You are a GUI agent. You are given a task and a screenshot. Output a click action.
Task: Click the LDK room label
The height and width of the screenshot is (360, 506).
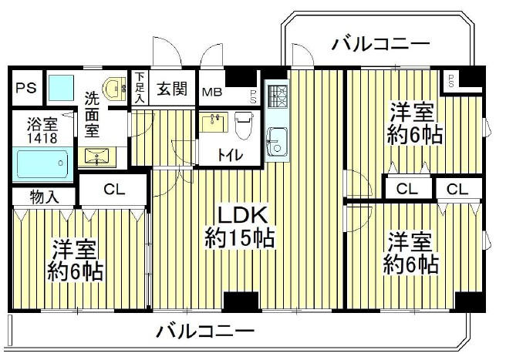[x=243, y=215]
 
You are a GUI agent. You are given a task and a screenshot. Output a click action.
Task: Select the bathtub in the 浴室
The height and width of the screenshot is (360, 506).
[x=42, y=164]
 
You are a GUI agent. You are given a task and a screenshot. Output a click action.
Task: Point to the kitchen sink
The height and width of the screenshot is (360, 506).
[x=277, y=141]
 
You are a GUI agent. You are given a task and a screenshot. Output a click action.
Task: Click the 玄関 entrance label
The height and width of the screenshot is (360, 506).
[x=172, y=88]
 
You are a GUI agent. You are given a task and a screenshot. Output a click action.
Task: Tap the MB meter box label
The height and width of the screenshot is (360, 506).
[x=212, y=93]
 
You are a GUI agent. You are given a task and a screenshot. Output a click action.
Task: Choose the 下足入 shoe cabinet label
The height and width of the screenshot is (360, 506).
[x=140, y=87]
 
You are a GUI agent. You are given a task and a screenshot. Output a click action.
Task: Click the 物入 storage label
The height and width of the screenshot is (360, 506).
[x=44, y=197]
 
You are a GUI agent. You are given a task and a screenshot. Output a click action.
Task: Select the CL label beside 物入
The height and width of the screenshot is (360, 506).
[x=114, y=190]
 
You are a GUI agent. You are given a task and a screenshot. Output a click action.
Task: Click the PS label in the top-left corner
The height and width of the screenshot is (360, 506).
[x=26, y=87]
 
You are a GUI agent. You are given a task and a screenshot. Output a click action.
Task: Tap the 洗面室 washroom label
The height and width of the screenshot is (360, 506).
[x=92, y=115]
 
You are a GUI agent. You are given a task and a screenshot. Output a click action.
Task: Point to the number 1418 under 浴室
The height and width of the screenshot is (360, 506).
[x=42, y=139]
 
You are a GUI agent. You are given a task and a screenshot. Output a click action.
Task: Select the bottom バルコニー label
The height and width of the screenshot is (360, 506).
[x=205, y=331]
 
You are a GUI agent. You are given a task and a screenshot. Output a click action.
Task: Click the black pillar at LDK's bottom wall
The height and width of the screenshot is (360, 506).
[x=241, y=301]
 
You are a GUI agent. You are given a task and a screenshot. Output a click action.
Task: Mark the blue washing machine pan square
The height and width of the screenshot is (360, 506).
[x=61, y=88]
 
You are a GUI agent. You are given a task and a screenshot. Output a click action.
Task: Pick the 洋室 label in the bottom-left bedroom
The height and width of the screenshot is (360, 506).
[x=75, y=249]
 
